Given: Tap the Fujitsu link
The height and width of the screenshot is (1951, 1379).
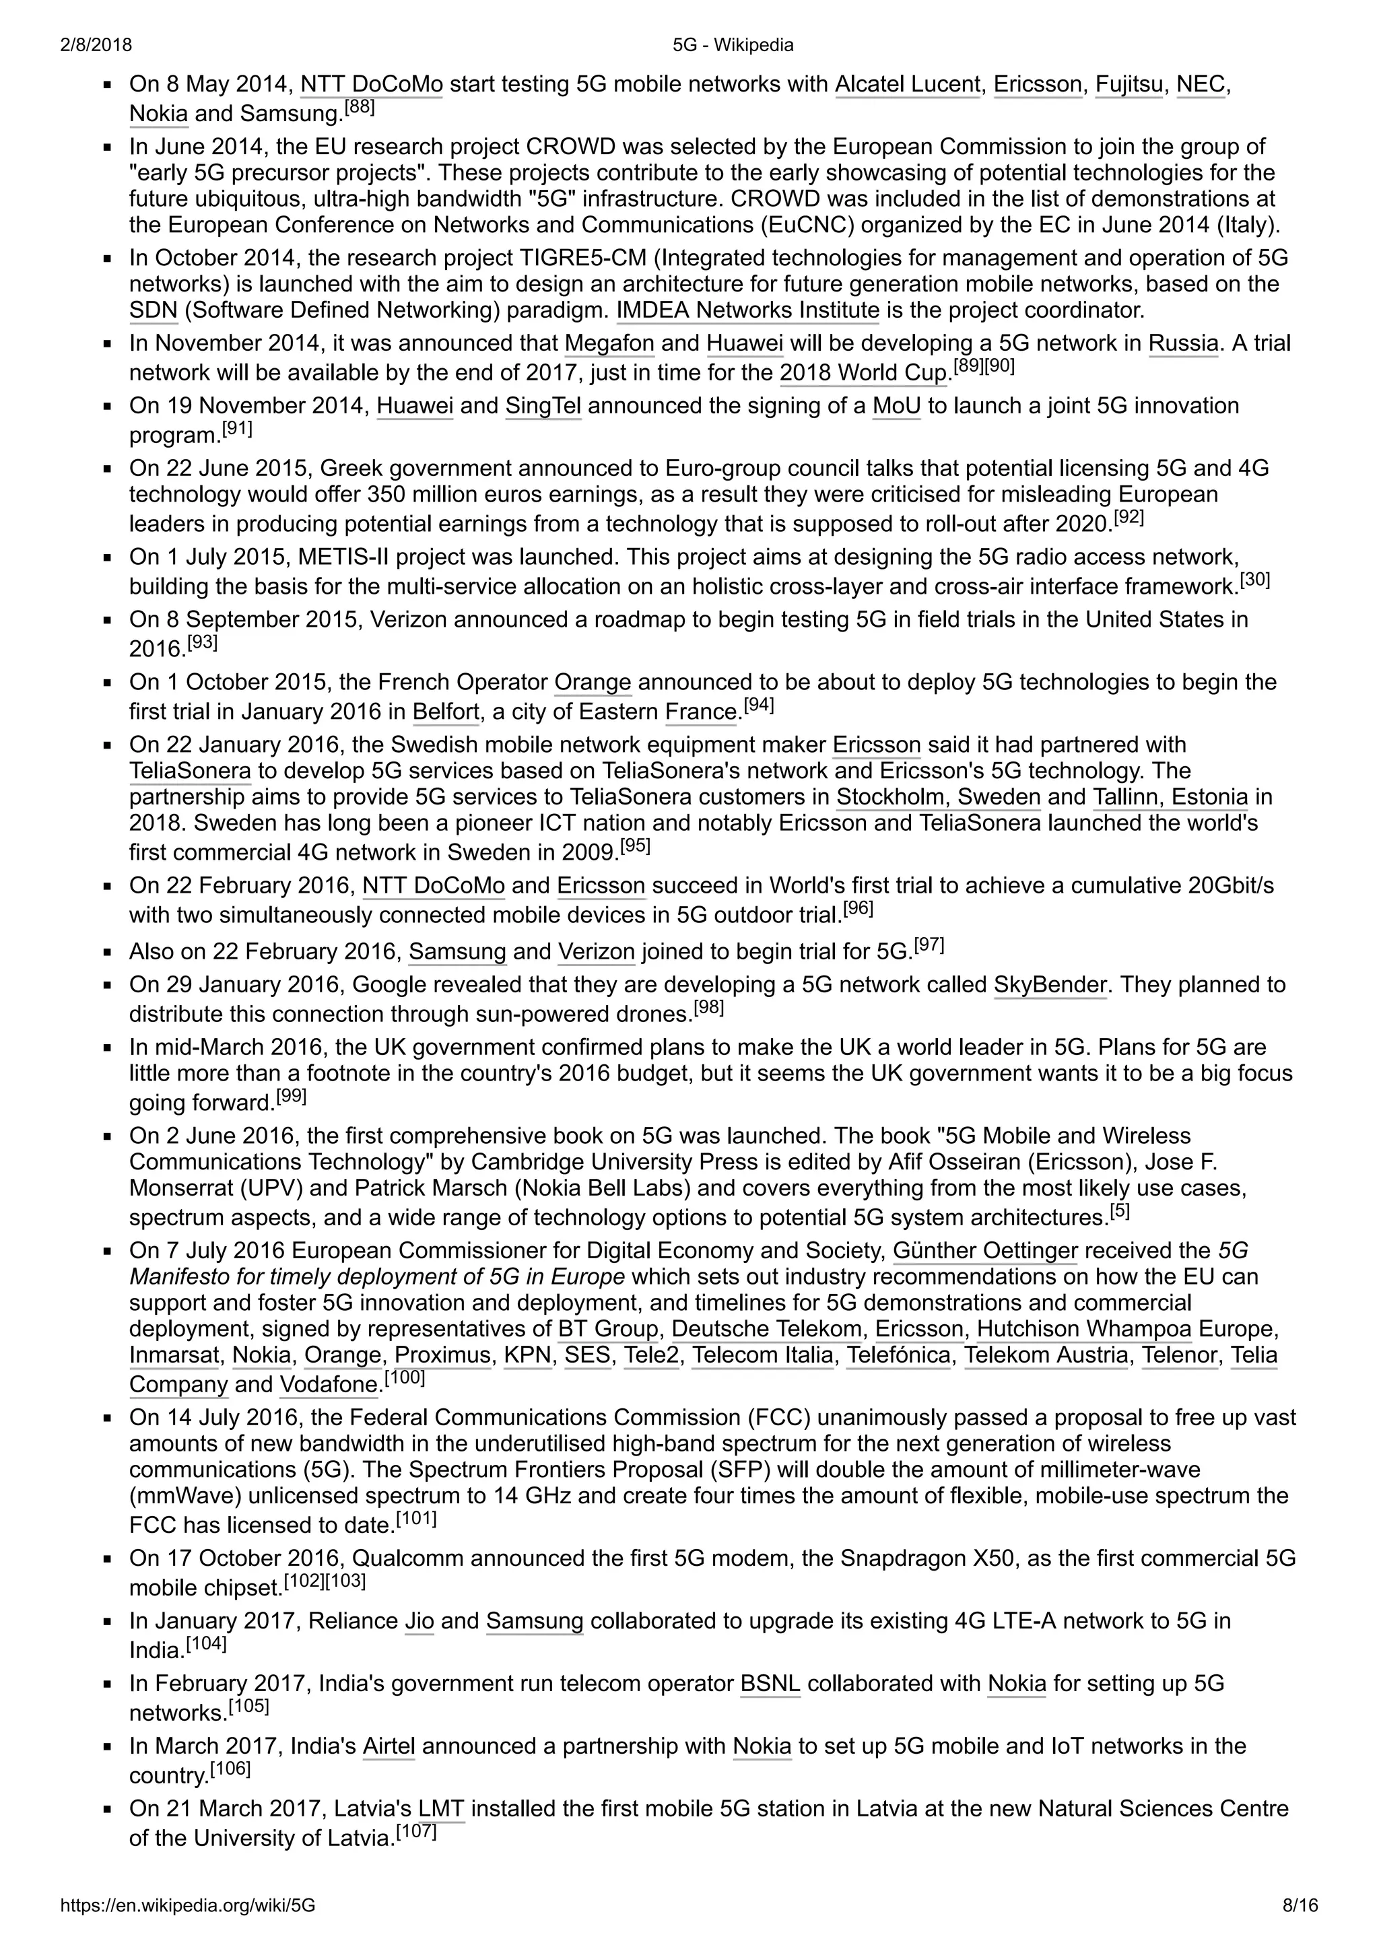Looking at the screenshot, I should pos(1129,85).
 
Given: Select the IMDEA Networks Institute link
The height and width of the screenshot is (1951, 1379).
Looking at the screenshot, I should pos(747,310).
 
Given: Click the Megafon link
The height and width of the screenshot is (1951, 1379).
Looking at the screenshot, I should pos(609,344).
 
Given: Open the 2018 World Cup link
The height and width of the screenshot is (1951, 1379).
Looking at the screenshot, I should pos(863,373).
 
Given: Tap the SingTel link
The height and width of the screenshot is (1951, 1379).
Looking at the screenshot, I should pos(543,406).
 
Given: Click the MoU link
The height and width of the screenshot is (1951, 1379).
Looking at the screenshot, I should pos(896,406).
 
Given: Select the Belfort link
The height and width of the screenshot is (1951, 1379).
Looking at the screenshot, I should pos(446,712).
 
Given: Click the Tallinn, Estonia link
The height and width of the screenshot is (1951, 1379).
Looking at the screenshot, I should pos(1170,798).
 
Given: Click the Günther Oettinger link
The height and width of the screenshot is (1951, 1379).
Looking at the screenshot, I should pos(984,1252).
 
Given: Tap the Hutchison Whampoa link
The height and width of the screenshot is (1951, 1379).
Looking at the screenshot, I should pos(1083,1330).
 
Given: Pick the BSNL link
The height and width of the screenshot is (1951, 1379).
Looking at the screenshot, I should pos(770,1684).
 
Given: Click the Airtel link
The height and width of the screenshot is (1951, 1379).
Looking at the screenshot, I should pos(389,1746).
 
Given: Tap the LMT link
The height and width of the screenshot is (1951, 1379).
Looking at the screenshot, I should pos(441,1809).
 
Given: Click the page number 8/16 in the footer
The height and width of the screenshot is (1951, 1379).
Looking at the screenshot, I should pos(1299,1906).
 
